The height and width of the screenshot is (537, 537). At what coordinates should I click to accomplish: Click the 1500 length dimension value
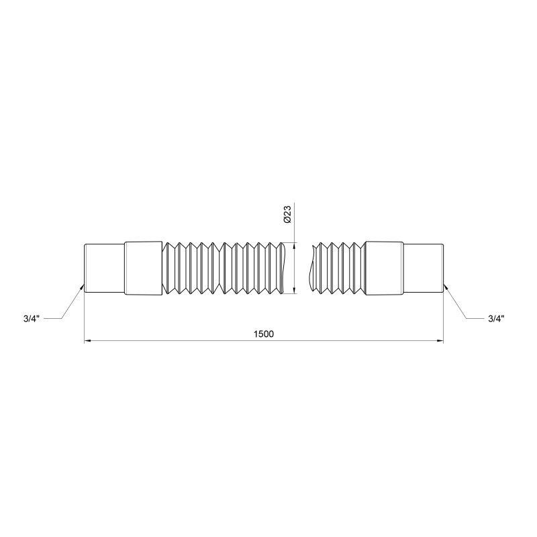coord(264,334)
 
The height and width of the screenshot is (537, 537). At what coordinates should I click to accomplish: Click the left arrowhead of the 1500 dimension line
coord(87,342)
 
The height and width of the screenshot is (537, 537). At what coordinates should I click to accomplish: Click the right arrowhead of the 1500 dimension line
coord(440,342)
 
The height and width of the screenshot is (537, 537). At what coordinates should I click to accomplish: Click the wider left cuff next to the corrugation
coord(143,267)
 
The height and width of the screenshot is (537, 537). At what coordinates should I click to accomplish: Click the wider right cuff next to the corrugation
coord(383,267)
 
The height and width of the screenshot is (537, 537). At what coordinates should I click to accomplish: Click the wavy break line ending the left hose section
coord(285,267)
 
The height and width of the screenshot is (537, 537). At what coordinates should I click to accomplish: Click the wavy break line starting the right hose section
coord(311,267)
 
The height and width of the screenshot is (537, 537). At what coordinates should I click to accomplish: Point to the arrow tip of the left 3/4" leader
coord(83,287)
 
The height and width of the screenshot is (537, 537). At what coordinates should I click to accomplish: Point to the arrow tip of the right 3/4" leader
coord(444,287)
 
